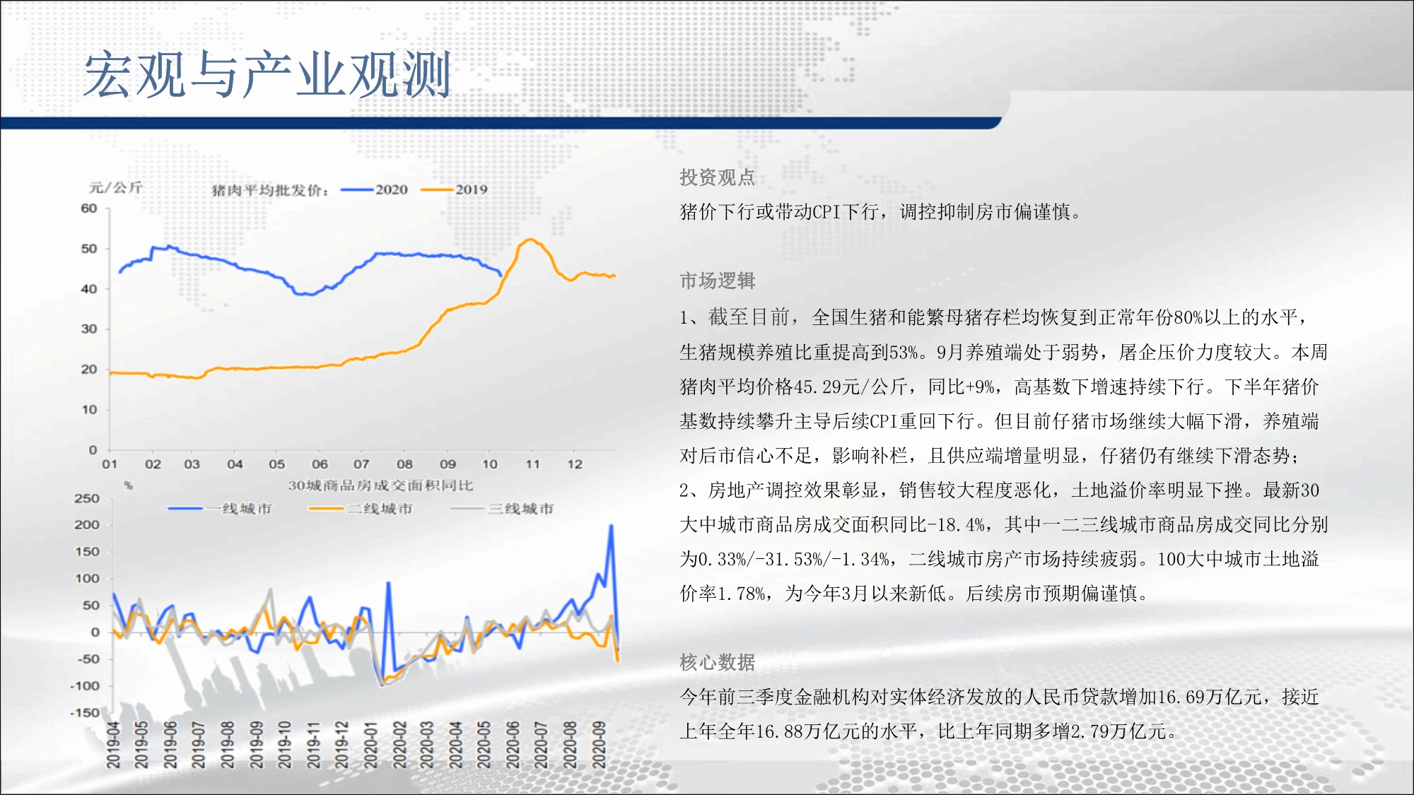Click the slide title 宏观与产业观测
(267, 74)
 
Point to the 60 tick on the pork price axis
(89, 208)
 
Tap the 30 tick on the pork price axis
(89, 329)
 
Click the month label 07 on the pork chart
(361, 464)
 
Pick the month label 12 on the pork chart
(575, 464)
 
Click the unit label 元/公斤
(116, 187)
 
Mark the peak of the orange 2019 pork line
(530, 240)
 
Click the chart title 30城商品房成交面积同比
(380, 485)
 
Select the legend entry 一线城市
(220, 509)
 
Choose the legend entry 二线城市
(361, 509)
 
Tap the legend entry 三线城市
(502, 509)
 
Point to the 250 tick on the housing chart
(87, 498)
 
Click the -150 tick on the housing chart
(85, 712)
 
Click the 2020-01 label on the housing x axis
(370, 745)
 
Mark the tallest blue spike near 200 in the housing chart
(611, 526)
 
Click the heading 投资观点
(718, 177)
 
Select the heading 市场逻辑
(718, 281)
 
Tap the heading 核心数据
(718, 662)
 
